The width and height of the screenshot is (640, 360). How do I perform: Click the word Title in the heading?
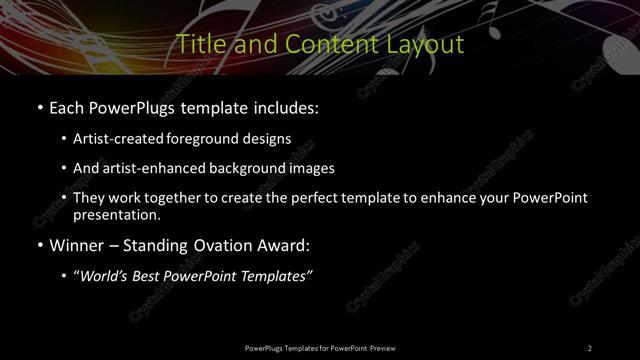pyautogui.click(x=199, y=45)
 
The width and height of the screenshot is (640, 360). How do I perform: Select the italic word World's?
pyautogui.click(x=105, y=276)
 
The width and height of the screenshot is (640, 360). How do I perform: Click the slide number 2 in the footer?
pyautogui.click(x=590, y=348)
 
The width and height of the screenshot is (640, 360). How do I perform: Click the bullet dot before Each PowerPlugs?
pyautogui.click(x=38, y=107)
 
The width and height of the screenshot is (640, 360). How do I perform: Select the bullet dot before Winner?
pyautogui.click(x=38, y=245)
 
